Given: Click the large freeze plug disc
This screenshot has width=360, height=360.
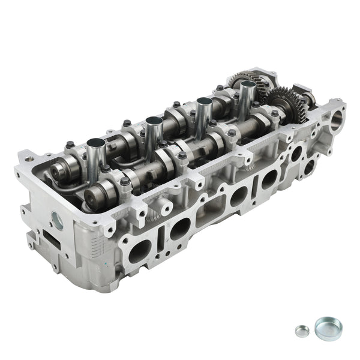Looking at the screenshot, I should (328, 326).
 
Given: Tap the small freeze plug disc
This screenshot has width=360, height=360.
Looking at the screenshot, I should (302, 331).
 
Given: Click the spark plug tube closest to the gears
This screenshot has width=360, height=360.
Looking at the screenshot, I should (247, 96).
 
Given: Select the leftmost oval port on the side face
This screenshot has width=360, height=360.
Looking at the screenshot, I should (140, 251).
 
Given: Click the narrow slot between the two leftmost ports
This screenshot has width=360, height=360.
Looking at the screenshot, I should (161, 241).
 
